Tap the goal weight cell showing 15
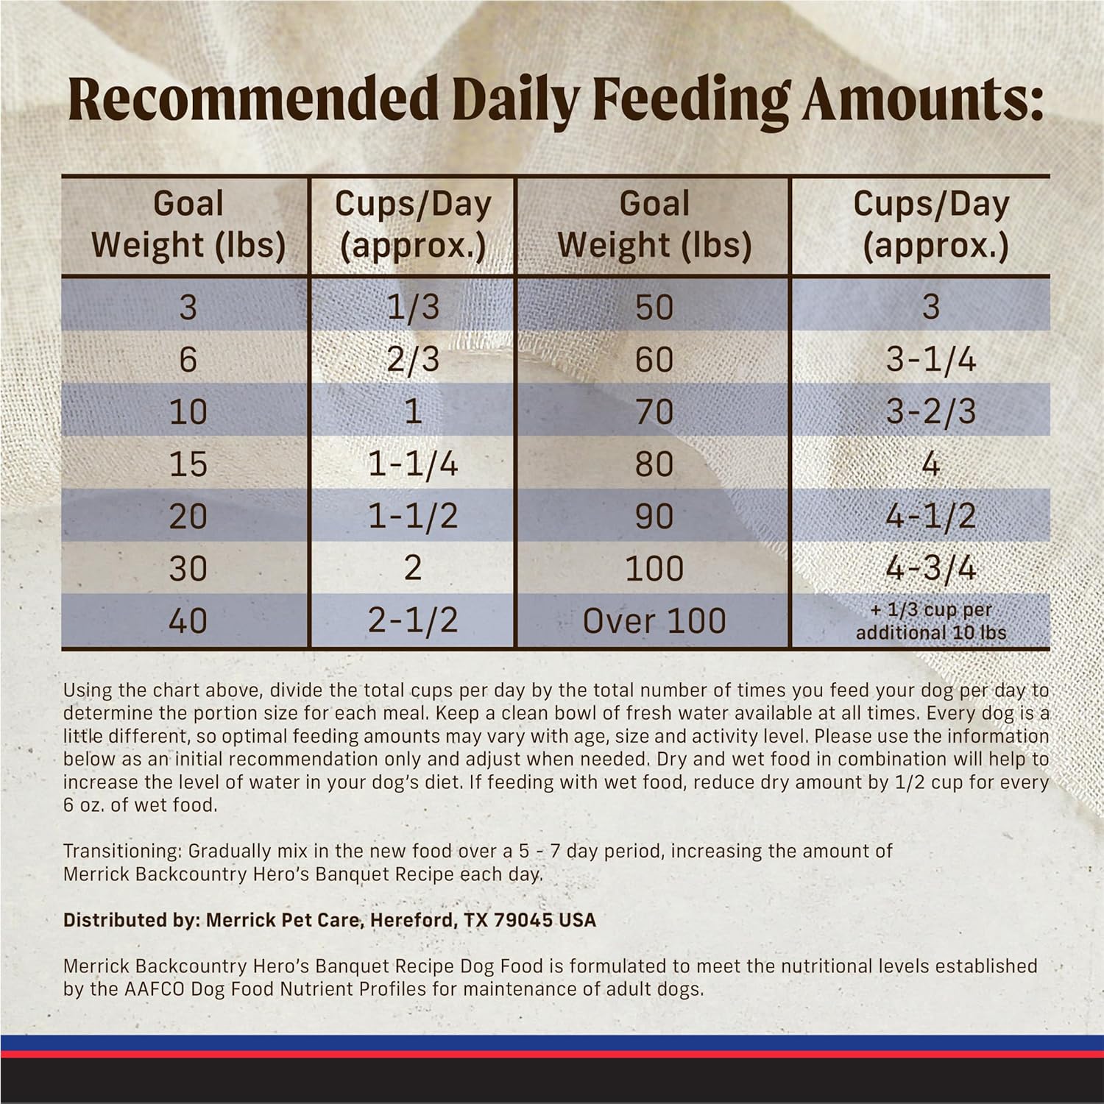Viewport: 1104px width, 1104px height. click(188, 464)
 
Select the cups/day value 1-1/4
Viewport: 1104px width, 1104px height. click(413, 464)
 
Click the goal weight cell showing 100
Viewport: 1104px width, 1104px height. click(654, 568)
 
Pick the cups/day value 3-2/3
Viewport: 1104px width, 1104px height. click(930, 411)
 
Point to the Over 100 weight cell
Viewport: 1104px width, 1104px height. click(654, 620)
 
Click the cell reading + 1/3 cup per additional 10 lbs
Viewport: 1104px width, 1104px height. click(930, 620)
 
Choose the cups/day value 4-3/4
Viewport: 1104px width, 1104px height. click(930, 568)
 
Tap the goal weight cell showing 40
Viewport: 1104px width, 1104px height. click(188, 620)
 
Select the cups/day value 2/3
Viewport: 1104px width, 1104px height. click(413, 359)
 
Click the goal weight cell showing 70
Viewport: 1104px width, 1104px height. click(654, 411)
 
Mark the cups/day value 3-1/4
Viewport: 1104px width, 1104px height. click(930, 359)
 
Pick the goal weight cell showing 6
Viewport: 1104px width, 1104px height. click(188, 359)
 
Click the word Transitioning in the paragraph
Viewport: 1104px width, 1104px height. click(121, 852)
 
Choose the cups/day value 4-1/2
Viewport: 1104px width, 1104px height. click(930, 516)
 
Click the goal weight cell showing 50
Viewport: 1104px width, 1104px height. click(654, 306)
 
